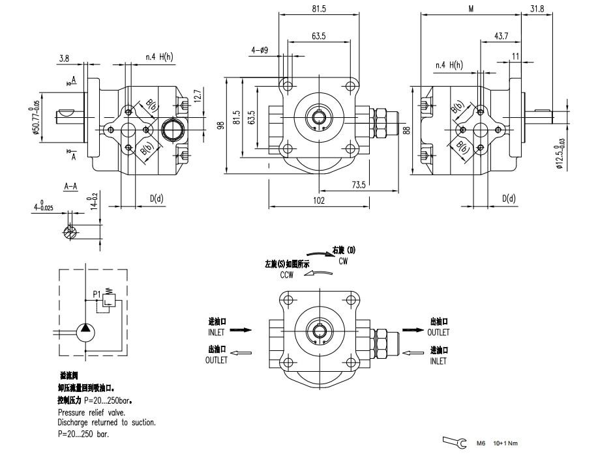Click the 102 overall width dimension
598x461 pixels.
[319, 201]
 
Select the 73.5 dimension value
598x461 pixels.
[359, 186]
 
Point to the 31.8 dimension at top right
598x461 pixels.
[537, 8]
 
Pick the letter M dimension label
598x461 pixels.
[471, 8]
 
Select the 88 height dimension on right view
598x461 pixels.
[408, 130]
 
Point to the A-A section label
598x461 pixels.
[70, 186]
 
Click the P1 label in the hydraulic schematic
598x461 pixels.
[97, 294]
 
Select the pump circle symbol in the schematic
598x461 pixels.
[85, 331]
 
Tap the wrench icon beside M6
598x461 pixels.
[455, 443]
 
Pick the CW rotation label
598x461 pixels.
[343, 260]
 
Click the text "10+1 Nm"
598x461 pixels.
[505, 443]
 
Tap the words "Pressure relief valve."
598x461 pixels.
[91, 413]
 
